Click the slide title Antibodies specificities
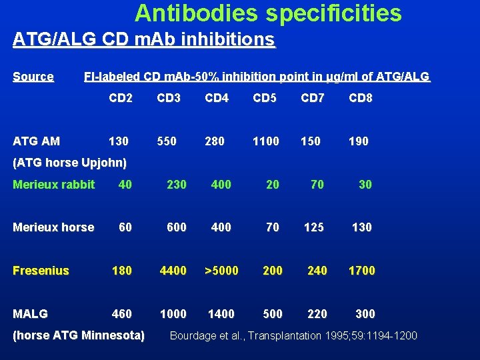[x=268, y=13]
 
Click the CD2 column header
[x=121, y=99]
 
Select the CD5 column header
[x=265, y=99]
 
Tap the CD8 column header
[x=361, y=99]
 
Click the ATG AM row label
[x=37, y=141]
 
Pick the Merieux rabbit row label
[x=54, y=184]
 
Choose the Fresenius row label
[x=41, y=270]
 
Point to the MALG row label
[x=31, y=313]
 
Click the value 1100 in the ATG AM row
[x=265, y=141]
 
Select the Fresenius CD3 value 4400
[x=173, y=270]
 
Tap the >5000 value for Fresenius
[x=221, y=270]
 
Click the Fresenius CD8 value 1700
[x=361, y=270]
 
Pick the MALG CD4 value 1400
[x=221, y=313]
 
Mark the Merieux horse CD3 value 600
[x=177, y=227]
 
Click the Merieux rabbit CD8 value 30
[x=365, y=184]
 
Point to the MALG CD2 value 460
[x=122, y=313]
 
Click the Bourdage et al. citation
[x=293, y=335]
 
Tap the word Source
[x=33, y=77]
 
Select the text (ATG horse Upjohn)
[x=70, y=163]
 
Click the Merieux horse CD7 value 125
[x=314, y=227]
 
